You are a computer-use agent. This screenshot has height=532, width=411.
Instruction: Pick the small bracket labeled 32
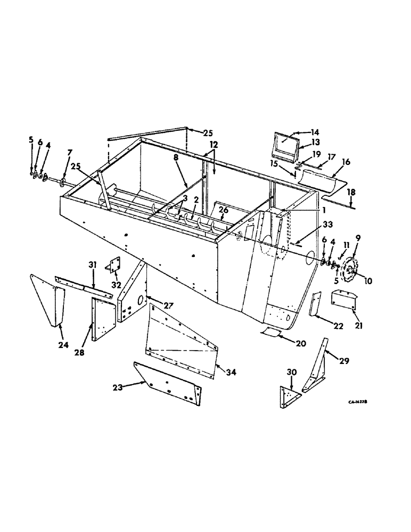coord(114,265)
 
